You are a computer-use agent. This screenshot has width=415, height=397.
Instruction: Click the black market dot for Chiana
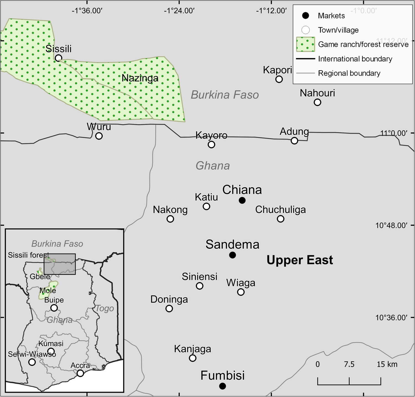[242, 200]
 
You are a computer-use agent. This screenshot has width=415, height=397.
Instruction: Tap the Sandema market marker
[232, 255]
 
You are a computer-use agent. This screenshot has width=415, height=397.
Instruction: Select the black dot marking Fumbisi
[222, 386]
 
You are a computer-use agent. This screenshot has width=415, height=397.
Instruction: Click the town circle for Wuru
[99, 136]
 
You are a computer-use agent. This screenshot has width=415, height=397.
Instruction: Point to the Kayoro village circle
[211, 144]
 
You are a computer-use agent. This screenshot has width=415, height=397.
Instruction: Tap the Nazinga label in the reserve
[140, 78]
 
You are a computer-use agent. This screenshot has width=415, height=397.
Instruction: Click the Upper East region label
[300, 260]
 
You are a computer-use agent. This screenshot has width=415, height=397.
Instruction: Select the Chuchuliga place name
[281, 210]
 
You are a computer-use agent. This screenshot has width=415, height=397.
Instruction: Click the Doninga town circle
[169, 308]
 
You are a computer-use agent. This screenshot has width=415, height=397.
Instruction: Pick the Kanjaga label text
[193, 349]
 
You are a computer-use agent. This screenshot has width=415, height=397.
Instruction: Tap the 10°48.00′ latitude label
[391, 225]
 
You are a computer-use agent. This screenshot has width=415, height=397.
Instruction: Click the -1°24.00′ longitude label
[179, 11]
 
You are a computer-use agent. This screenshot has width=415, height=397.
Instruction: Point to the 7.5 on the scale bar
[349, 364]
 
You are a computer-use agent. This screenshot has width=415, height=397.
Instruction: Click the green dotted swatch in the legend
[305, 44]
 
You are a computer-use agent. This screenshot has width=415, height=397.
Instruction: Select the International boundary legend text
[355, 59]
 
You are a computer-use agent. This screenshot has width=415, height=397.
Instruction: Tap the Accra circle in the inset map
[80, 373]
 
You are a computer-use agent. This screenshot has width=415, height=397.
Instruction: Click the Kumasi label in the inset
[51, 344]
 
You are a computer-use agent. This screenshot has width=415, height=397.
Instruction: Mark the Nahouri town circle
[317, 102]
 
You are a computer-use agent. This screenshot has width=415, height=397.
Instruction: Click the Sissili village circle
[58, 58]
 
